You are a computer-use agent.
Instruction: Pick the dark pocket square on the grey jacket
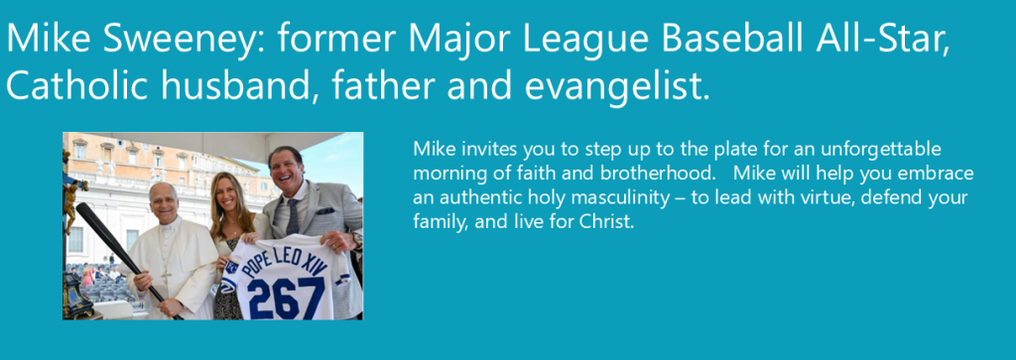click(325, 210)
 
